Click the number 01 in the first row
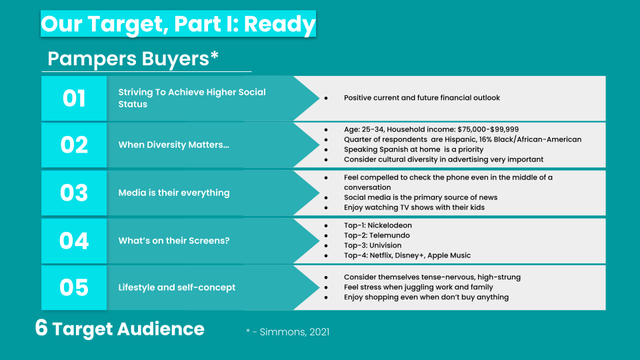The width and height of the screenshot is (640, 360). tap(74, 99)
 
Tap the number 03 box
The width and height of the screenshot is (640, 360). tap(74, 193)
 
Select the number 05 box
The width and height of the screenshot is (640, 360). tap(74, 287)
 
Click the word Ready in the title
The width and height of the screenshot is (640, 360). tap(279, 24)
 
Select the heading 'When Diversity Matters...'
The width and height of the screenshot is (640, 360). tap(174, 145)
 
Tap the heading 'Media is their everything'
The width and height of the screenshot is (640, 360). tap(174, 193)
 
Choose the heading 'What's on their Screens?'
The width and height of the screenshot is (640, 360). tap(174, 241)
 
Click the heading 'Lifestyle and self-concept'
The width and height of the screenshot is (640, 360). tap(177, 287)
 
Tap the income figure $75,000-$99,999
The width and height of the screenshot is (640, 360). tap(488, 130)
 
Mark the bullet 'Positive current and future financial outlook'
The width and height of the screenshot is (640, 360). tap(421, 98)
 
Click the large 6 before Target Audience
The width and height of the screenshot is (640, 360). tap(41, 328)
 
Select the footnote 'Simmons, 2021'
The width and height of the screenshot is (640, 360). tap(294, 332)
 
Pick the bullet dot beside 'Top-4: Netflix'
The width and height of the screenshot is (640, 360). tap(326, 256)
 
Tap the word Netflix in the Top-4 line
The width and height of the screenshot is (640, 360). tap(381, 255)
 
